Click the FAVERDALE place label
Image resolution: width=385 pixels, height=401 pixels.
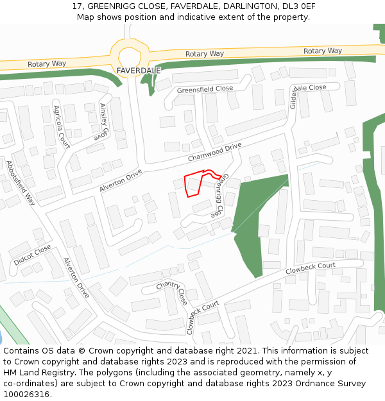(139, 70)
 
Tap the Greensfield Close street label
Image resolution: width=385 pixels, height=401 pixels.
(205, 89)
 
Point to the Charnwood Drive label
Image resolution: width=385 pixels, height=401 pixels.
(214, 152)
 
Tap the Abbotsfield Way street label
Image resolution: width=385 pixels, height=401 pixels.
(21, 182)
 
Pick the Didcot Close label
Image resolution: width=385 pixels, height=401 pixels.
(32, 255)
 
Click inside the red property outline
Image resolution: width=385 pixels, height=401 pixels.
(193, 184)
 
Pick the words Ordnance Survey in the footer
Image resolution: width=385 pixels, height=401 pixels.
(334, 384)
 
